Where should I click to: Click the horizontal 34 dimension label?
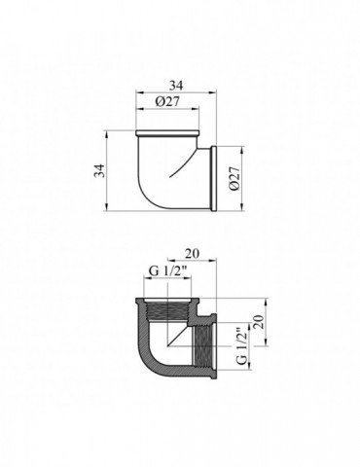click(x=176, y=86)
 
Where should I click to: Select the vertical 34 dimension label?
click(x=99, y=170)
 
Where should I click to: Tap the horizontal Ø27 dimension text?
click(x=167, y=102)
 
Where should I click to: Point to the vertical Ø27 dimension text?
click(x=235, y=179)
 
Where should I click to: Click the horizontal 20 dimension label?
click(x=192, y=253)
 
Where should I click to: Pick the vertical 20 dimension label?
click(x=260, y=322)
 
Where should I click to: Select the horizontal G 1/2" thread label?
click(x=169, y=270)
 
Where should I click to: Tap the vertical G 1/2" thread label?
click(x=242, y=347)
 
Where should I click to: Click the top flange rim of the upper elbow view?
click(x=167, y=133)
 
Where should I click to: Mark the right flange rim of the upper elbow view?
click(x=214, y=179)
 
